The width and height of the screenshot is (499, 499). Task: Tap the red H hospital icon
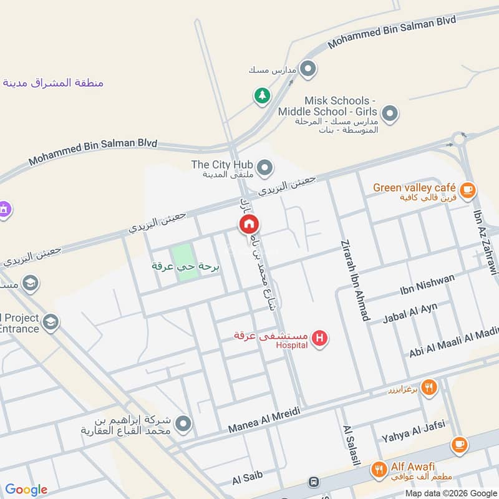click(320, 339)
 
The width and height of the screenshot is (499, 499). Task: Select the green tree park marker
click(261, 95)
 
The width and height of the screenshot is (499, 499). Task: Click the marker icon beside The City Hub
click(265, 168)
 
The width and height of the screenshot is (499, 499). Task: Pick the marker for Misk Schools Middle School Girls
click(390, 114)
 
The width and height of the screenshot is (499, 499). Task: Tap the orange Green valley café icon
click(467, 188)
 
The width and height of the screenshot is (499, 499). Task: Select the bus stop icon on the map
click(313, 483)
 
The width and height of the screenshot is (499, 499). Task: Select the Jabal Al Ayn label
click(410, 312)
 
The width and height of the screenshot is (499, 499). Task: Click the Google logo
click(26, 490)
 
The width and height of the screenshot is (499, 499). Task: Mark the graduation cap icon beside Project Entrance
click(51, 322)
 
